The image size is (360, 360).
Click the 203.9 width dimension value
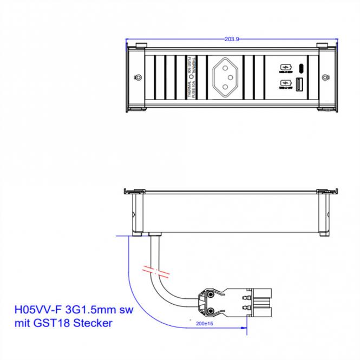(x=231, y=39)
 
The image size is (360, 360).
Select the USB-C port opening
(x=301, y=68)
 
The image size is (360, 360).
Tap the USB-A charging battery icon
(x=285, y=84)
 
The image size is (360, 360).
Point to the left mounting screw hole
(x=139, y=77)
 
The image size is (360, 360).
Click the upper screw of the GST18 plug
(x=208, y=294)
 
